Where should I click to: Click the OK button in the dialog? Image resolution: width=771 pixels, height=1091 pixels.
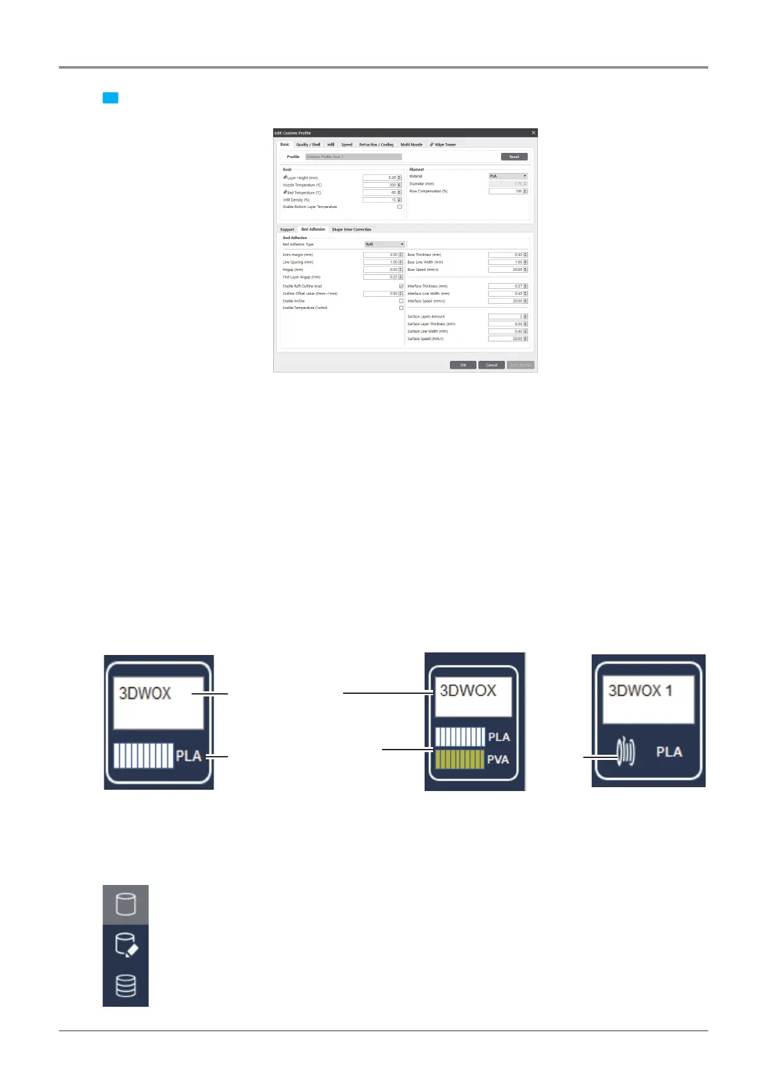[463, 365]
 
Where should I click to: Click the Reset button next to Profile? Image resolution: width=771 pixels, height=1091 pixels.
[514, 157]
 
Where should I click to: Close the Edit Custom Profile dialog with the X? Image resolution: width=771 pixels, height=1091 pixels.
[533, 133]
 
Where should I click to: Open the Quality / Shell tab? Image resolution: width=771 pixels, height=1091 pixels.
[308, 144]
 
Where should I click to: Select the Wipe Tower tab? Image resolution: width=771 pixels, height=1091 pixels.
[443, 144]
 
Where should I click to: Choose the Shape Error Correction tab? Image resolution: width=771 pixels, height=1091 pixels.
[352, 229]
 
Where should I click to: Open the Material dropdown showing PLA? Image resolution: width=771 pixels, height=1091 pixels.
[508, 176]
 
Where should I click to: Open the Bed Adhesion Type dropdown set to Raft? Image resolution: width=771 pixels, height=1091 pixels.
[385, 244]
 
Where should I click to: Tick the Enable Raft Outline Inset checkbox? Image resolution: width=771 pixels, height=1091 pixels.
[401, 286]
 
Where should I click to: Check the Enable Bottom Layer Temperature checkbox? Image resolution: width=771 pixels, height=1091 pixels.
[399, 207]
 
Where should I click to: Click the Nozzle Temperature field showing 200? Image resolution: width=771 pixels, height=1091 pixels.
[380, 185]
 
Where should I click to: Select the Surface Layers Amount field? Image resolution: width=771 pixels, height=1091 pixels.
[506, 316]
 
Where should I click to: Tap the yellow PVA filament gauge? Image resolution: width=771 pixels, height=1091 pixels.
[460, 759]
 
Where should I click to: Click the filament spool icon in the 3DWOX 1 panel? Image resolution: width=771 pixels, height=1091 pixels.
[626, 752]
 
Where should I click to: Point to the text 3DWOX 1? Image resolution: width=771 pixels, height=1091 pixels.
[640, 691]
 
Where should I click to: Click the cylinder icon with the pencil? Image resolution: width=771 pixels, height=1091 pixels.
[126, 945]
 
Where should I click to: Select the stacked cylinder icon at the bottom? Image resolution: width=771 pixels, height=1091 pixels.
[126, 985]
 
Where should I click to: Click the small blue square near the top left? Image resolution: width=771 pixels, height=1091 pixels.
[111, 98]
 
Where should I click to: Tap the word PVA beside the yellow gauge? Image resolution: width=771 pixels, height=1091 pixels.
[498, 759]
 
